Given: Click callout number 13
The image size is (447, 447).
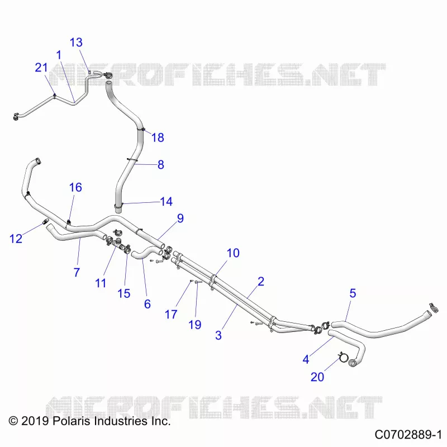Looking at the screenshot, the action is [x=76, y=42].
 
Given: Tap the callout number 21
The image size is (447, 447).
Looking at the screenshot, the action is [x=41, y=68].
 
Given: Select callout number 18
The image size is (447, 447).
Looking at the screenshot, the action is [x=158, y=137].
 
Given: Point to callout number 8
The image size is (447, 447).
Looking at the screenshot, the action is [x=161, y=165].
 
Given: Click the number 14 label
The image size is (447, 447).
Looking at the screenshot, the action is [x=166, y=202].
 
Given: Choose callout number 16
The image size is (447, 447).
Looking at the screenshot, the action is [x=75, y=188].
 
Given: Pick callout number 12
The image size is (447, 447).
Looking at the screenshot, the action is [x=16, y=239].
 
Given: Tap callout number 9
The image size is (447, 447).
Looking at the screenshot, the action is [x=180, y=218].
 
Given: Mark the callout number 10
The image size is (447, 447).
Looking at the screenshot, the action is [x=233, y=253].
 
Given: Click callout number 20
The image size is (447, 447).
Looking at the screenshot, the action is [x=317, y=377].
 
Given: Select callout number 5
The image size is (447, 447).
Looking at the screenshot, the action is [x=353, y=293].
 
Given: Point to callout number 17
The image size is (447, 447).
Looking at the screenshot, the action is [x=171, y=315].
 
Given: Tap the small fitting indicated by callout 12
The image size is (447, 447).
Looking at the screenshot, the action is [x=46, y=221].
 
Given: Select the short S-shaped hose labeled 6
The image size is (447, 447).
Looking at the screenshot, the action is [x=148, y=253].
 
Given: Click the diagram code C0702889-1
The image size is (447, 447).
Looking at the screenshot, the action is [x=408, y=435].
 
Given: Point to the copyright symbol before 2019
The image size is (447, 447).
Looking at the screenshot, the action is [x=13, y=421].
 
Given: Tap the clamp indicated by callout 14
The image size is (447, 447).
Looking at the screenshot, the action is [x=118, y=205].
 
